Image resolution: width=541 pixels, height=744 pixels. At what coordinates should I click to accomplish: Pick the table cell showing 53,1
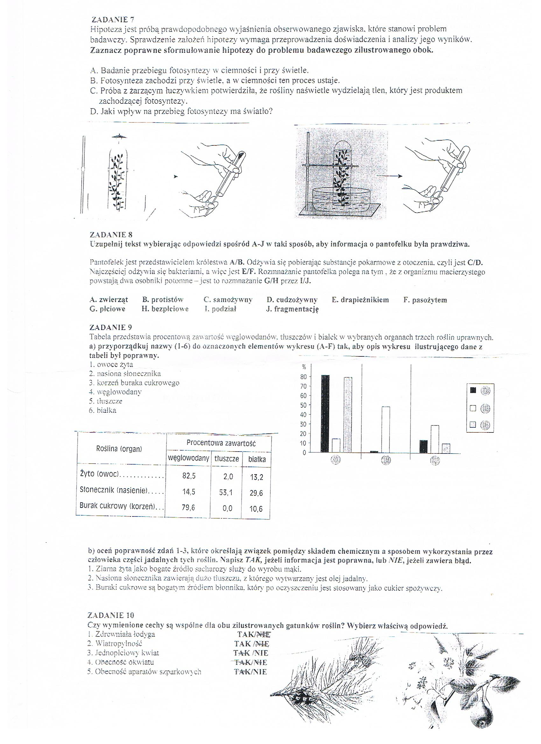(226, 493)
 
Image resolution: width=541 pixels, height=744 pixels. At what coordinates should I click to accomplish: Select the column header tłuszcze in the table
(226, 459)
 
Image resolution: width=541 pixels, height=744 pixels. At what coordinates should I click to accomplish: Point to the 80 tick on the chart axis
(303, 377)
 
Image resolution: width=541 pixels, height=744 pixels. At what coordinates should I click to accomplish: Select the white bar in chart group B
(386, 429)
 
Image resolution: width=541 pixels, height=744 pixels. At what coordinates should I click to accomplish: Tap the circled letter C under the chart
(435, 460)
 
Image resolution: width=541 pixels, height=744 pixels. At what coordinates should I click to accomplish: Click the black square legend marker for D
(473, 390)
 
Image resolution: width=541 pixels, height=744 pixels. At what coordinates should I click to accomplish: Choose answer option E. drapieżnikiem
(360, 300)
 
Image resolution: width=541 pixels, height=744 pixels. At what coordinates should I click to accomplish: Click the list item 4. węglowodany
(115, 392)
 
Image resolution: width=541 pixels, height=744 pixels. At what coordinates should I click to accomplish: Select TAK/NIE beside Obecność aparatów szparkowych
(250, 671)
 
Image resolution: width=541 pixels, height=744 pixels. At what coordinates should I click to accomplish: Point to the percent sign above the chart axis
(304, 368)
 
